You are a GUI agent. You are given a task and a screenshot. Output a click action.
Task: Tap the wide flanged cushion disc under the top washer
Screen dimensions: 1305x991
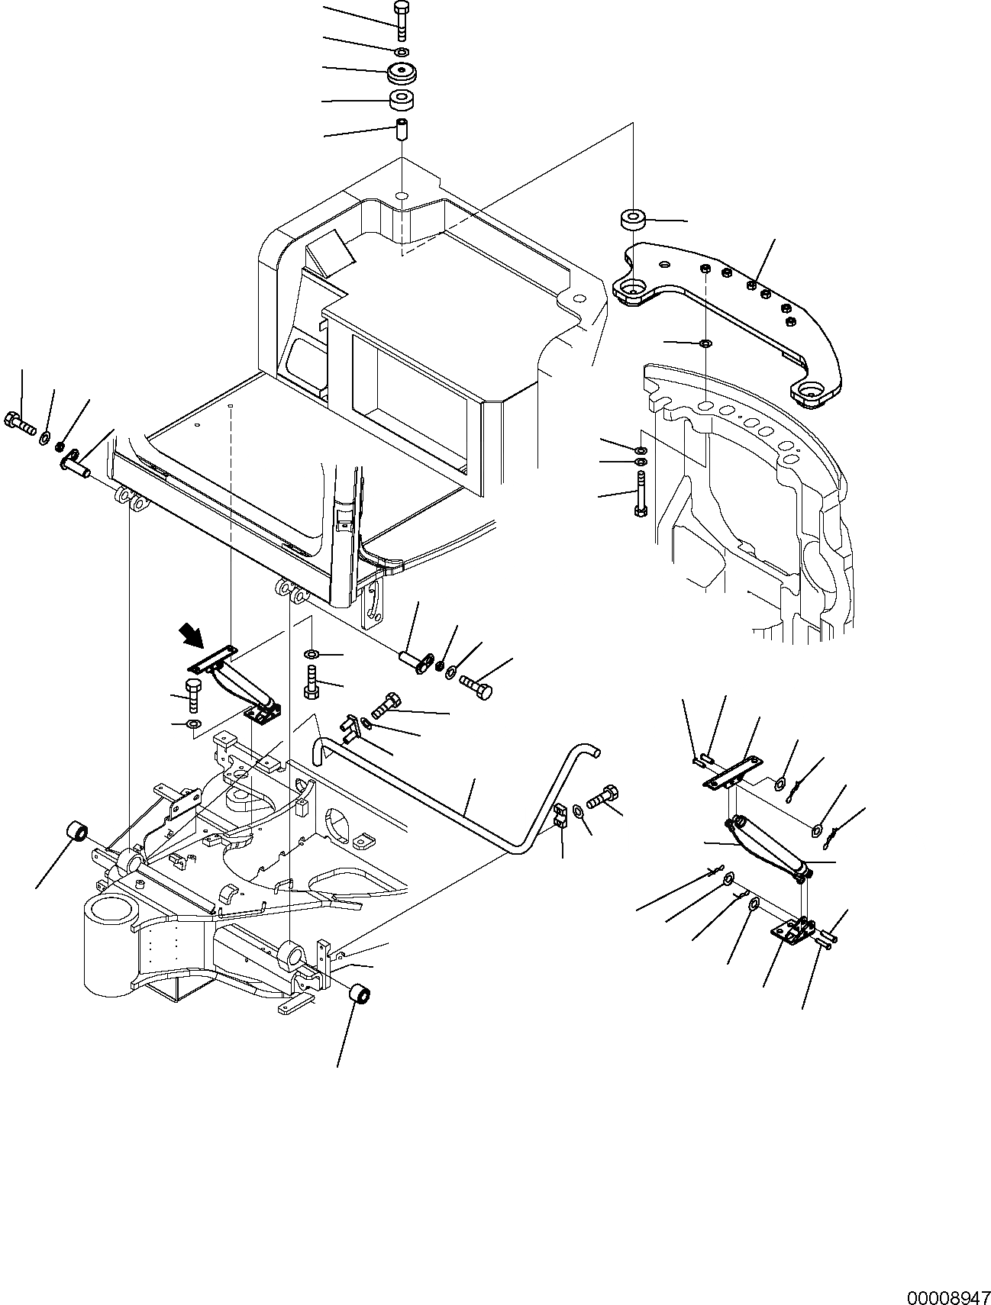(402, 74)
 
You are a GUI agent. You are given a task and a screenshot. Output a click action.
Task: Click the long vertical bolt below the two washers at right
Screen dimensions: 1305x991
(641, 494)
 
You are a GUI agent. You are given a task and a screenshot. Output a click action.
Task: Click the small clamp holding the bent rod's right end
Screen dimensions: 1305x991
(560, 817)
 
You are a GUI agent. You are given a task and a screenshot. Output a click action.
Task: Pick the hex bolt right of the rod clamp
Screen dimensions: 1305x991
(603, 795)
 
